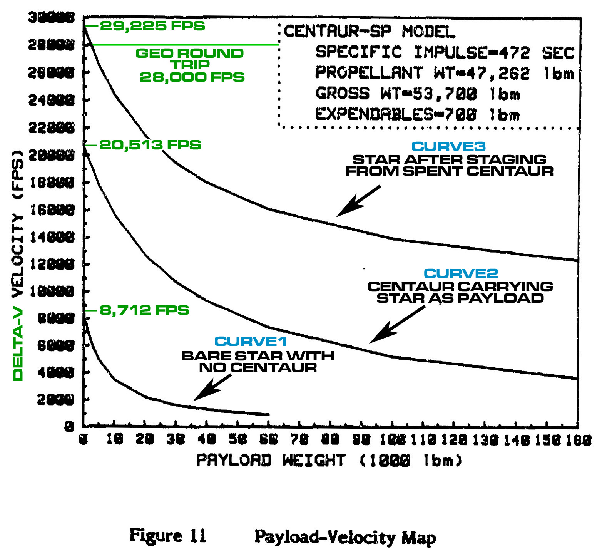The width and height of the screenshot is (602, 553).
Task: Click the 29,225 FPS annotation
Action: (152, 26)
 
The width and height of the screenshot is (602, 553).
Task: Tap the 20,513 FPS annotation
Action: (150, 145)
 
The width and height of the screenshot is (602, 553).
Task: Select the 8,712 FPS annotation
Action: (144, 310)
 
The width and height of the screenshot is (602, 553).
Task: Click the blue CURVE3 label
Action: (449, 146)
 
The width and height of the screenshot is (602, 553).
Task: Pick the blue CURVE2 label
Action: (461, 273)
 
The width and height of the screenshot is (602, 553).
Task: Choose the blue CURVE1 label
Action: (251, 341)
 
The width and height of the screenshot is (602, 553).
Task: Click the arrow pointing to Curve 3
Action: (358, 201)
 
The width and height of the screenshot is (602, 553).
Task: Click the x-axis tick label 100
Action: (393, 439)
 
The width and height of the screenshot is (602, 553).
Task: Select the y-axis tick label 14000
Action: (52, 238)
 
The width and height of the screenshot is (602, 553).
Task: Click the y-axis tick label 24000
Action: (52, 101)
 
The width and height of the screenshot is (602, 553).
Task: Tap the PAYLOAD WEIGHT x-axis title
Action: (329, 461)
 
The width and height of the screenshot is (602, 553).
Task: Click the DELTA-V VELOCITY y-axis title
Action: (18, 266)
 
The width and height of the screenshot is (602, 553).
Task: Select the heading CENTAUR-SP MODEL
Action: (370, 32)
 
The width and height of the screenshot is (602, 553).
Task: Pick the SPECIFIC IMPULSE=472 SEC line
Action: (445, 52)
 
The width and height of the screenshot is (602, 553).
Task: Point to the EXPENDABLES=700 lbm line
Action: (418, 114)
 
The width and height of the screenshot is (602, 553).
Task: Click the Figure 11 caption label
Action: (168, 536)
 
